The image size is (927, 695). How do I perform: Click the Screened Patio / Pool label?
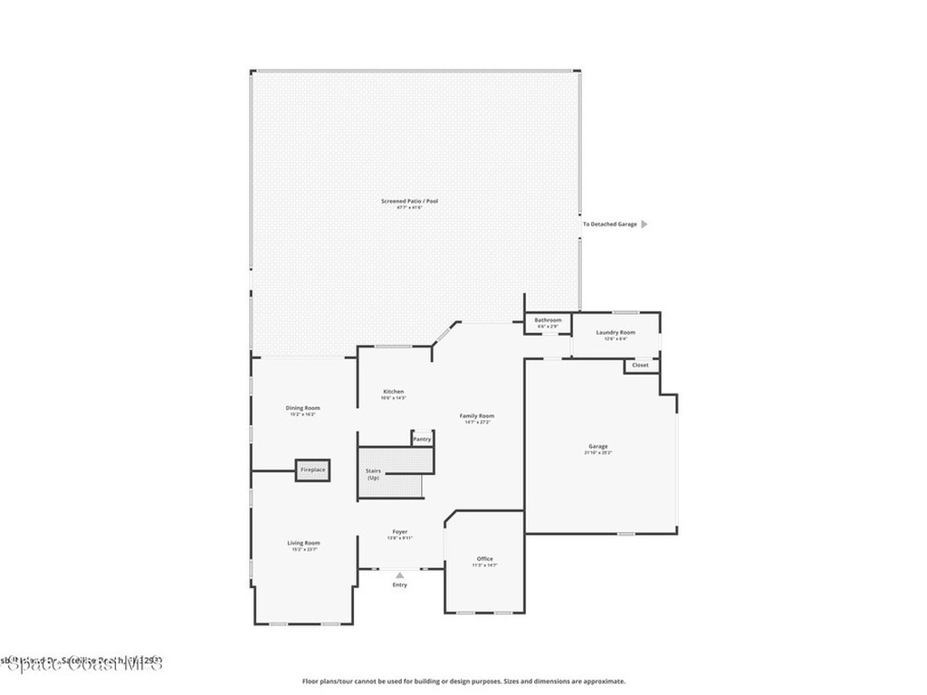coord(409,201)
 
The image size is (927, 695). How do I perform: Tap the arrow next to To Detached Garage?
coord(644,224)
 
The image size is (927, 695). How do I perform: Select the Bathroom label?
coord(548,320)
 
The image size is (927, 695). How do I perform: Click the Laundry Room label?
coord(616,332)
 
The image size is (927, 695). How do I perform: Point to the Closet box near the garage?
coord(640,366)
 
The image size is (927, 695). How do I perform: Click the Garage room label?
coord(597,446)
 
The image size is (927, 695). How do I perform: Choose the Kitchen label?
coord(393,392)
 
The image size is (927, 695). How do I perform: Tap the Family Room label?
coord(477,415)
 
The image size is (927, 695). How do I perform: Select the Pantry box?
coord(422,439)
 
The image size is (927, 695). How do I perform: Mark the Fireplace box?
coord(312,471)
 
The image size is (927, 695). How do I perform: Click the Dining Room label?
coord(303,408)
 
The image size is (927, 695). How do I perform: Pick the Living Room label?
coord(303,543)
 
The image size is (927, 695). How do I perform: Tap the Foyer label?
coord(399,532)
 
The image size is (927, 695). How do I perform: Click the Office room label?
coord(485,559)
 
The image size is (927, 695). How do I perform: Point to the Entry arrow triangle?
coord(400,575)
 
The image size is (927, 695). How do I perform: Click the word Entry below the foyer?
coord(399,585)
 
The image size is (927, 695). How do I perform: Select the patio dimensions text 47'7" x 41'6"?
coord(409,208)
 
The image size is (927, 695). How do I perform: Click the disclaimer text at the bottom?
coord(463,681)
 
